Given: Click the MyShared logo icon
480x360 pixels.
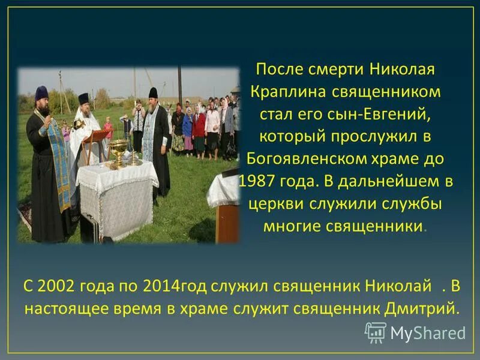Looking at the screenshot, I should pos(376,332).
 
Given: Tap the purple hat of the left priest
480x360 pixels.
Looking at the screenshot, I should pos(42,92).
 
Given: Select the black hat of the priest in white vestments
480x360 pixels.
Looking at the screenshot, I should pos(83,98).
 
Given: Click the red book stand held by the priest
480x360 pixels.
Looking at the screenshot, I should pos(96,137).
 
